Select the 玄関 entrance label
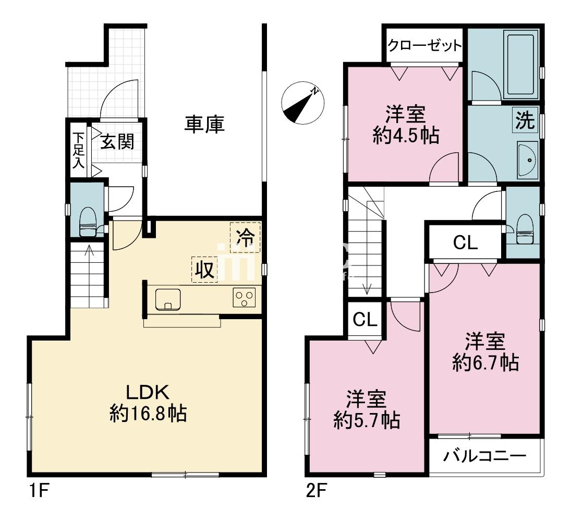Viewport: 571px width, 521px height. pos(117,141)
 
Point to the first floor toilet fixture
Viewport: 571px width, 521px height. pos(88,222)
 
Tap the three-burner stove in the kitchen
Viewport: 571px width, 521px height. pos(244,299)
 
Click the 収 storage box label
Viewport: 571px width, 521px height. pos(205,269)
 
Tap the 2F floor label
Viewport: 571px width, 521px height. pos(315,491)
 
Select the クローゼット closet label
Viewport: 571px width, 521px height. pos(424,45)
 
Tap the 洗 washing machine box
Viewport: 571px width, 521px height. pos(525,120)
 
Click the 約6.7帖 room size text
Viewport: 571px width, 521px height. pos(485,362)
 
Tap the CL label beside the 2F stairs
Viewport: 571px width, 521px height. pos(366,319)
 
